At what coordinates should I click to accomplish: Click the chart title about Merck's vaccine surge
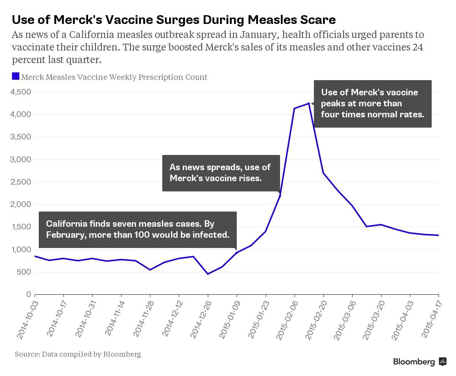[174, 19]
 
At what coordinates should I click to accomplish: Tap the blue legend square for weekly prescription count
[16, 76]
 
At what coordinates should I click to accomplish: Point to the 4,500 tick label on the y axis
[21, 92]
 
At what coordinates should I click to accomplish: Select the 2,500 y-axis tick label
[21, 182]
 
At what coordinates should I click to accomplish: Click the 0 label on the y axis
[28, 294]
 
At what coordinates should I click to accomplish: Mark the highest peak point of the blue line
[309, 103]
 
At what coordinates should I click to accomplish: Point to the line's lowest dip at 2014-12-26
[208, 274]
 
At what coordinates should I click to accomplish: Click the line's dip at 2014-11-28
[150, 270]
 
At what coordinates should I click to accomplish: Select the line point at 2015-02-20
[323, 173]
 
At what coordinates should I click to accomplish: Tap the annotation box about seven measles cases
[138, 229]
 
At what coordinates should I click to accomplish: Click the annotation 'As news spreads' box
[221, 173]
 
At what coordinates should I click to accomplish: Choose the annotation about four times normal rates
[372, 103]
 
